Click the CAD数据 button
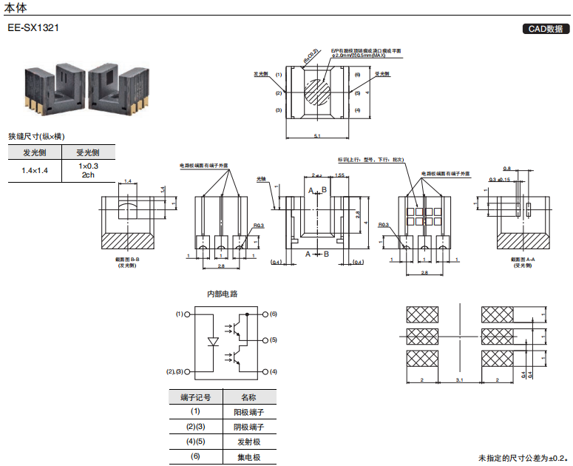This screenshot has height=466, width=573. coord(546,29)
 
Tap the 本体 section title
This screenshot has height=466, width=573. coord(16,7)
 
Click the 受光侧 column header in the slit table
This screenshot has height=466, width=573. coord(88,152)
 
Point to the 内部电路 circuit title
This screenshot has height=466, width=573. coord(222,294)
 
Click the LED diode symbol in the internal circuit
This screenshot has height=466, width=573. coord(213,342)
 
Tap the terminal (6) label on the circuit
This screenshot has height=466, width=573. coord(273,314)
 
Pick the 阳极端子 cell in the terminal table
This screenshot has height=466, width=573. coord(248,412)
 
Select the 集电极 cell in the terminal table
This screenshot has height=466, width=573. coord(248,456)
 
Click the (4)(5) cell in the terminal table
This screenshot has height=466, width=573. coord(195,442)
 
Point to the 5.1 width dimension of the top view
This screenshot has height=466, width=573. coord(317,136)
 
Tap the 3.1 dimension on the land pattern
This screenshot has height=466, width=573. coord(459,379)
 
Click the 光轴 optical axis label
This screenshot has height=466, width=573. coord(260,178)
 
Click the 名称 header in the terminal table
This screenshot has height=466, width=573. coord(248,397)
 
